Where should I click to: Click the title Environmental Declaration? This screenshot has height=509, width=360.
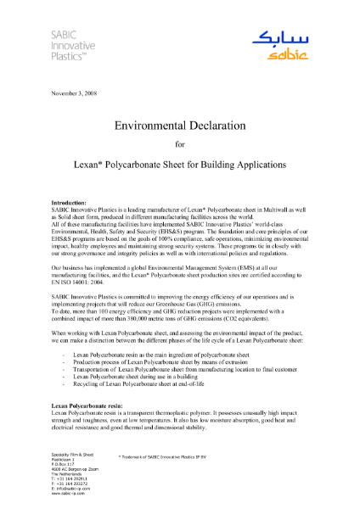pos(179,125)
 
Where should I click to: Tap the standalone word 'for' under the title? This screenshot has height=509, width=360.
pos(179,143)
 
